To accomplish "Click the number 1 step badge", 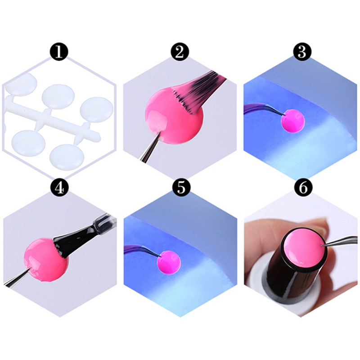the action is point(59,51).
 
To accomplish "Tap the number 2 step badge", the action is point(180,51).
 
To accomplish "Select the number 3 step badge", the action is point(302,51).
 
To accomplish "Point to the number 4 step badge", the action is point(59,187).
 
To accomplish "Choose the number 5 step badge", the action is point(181,187).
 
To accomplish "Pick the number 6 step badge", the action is point(303,187).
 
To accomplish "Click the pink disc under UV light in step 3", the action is point(293,121).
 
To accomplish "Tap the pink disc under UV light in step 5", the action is point(169,262).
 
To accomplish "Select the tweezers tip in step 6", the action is point(322,246).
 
